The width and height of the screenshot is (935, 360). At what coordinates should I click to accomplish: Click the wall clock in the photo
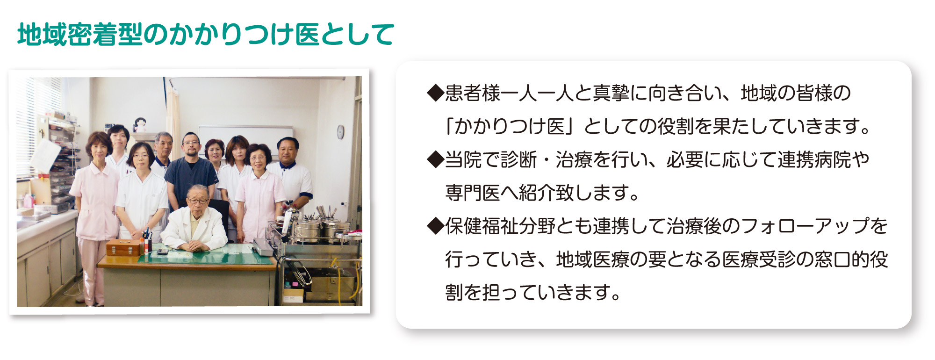pyautogui.click(x=340, y=132)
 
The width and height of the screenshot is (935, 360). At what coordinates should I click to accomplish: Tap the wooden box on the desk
pyautogui.click(x=123, y=247)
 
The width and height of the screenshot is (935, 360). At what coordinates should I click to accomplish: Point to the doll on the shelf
pyautogui.click(x=139, y=125)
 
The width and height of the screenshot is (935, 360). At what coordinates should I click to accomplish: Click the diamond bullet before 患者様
pyautogui.click(x=435, y=93)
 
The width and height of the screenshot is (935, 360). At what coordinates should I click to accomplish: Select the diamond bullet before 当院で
pyautogui.click(x=435, y=159)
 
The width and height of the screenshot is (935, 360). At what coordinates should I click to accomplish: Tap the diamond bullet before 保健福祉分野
pyautogui.click(x=435, y=226)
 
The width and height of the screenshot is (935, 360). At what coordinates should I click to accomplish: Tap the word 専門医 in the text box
pyautogui.click(x=473, y=193)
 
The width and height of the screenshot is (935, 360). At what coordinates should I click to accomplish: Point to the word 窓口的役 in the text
pyautogui.click(x=851, y=259)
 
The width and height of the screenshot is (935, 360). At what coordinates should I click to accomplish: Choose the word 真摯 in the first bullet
pyautogui.click(x=611, y=93)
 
